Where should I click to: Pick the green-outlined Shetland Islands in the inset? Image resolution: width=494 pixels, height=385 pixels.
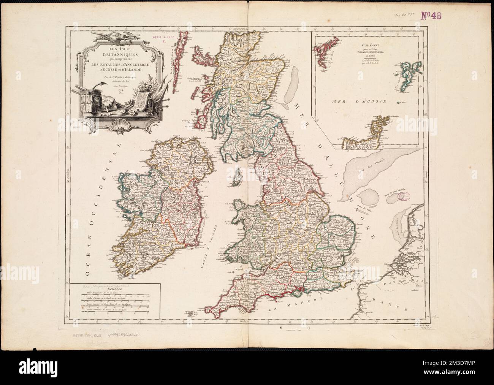402,73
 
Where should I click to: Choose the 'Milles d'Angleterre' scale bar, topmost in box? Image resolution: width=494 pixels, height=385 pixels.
114,295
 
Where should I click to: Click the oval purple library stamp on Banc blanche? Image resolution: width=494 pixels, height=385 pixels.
404,198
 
